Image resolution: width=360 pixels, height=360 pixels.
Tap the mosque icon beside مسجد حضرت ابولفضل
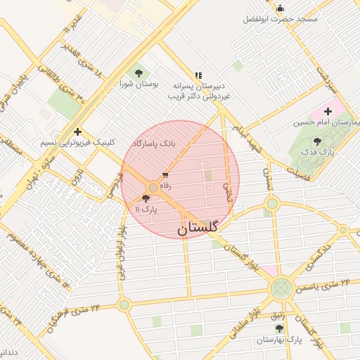coord(280,8)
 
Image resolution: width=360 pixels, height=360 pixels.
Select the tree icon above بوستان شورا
coord(139,72)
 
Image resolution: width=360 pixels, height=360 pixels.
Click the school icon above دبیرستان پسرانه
coord(198,74)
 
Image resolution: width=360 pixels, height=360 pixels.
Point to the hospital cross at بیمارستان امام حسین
coord(328,111)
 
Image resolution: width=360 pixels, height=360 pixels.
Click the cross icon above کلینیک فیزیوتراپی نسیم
coord(77,131)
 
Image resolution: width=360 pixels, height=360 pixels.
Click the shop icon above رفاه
coord(166,175)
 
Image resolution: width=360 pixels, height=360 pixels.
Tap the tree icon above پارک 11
coord(146,199)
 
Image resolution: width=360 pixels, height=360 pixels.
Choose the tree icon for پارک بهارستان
coord(279,328)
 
